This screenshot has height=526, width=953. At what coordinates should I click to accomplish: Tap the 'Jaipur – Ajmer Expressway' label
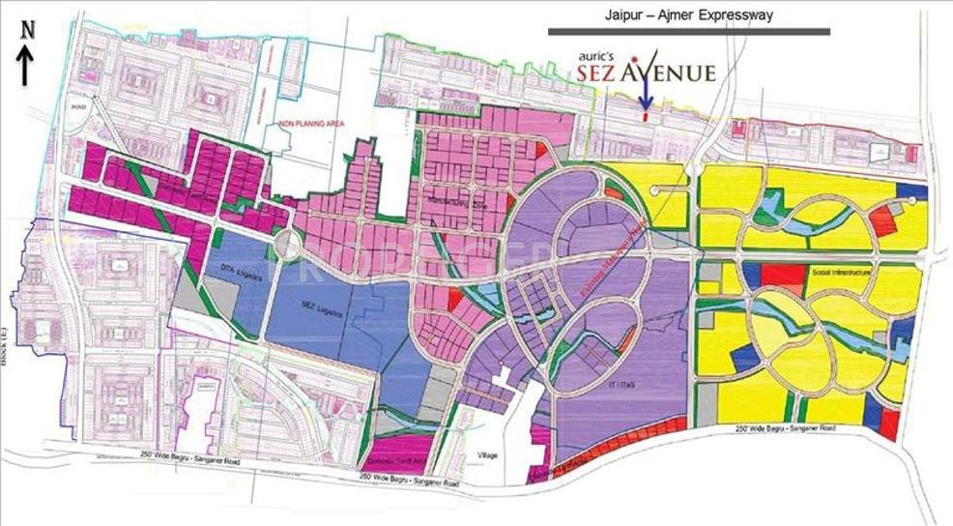pos(687,15)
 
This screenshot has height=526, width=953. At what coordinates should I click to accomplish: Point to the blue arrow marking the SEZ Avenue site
pos(648,93)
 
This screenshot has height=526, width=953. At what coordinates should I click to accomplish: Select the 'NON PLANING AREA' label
pos(312,124)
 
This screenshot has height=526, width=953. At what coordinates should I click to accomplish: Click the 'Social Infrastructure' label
pos(837,274)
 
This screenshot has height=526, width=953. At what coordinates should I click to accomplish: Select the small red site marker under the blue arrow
pos(646,116)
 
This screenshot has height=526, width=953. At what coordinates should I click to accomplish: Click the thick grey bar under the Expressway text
pos(687,32)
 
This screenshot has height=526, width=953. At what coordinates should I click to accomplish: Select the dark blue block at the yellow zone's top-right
pos(911,190)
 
